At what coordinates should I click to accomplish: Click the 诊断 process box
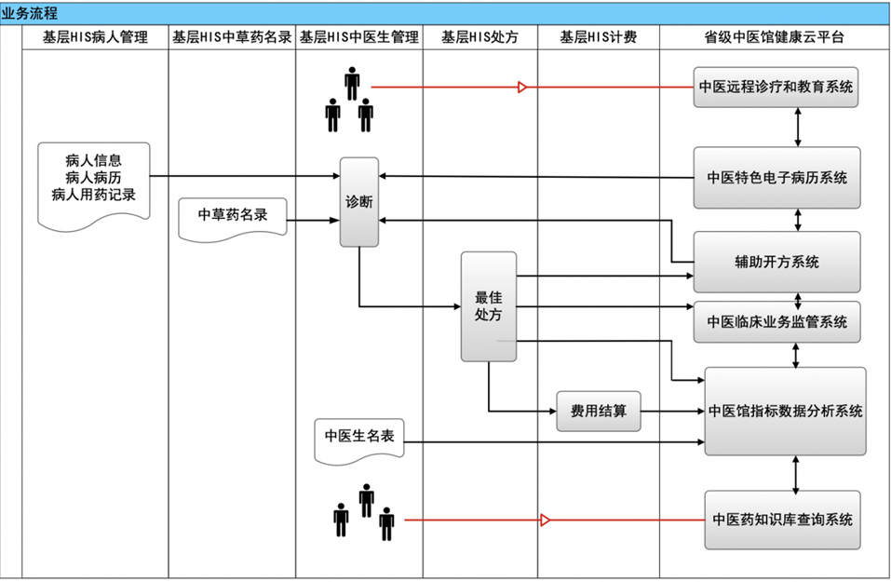point(359,202)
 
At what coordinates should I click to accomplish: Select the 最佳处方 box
point(489,306)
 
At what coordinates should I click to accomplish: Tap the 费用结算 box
point(599,411)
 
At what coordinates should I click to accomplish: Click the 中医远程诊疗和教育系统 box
point(776,88)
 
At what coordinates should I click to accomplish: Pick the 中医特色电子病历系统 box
point(776,177)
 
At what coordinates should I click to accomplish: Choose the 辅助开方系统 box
point(776,263)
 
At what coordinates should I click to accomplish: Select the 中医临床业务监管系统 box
point(776,322)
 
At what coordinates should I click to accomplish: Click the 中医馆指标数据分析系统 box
point(785,411)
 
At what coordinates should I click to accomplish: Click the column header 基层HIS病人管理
point(95,38)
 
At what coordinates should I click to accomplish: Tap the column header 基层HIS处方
point(479,38)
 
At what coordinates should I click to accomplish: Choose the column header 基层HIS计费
point(598,38)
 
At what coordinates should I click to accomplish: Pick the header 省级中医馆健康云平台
point(775,38)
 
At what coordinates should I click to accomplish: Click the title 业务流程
point(29,13)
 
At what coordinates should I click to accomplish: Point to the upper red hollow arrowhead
point(522,88)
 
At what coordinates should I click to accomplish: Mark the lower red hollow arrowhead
point(546,520)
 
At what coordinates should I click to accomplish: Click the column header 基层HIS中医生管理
point(358,38)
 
